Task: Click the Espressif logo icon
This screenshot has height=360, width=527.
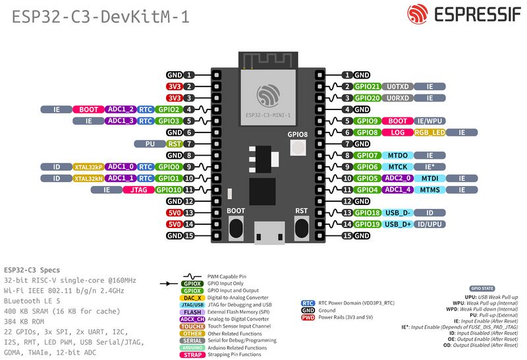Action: [x=419, y=16]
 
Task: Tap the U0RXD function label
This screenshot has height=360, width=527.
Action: [x=398, y=98]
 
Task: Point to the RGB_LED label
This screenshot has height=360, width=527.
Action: [x=430, y=133]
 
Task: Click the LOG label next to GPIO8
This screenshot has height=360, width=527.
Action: [x=398, y=133]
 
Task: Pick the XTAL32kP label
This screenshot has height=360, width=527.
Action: [x=88, y=167]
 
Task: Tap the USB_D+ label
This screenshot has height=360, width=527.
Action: [x=398, y=224]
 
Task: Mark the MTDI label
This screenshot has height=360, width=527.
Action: [x=430, y=178]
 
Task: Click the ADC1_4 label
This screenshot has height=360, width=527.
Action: [x=398, y=190]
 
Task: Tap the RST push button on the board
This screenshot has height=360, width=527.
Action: [x=302, y=227]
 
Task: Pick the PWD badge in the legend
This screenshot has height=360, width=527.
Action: [x=307, y=316]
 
